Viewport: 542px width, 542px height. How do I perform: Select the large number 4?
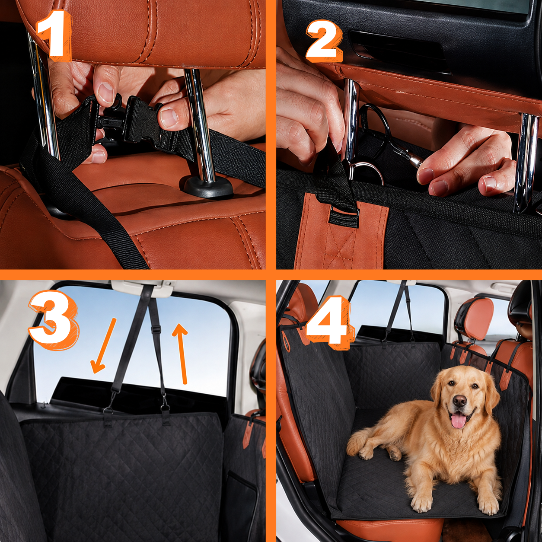(328, 325)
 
